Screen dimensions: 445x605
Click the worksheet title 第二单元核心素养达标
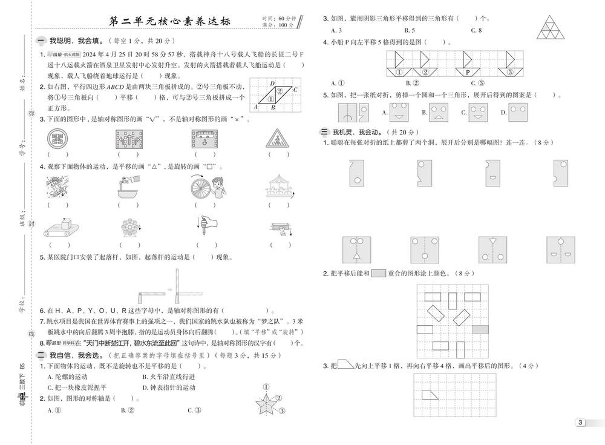coord(168,22)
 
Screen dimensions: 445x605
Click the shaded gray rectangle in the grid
coord(480,329)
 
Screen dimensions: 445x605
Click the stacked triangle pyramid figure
coord(551,24)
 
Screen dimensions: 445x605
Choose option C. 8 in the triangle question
coord(476,30)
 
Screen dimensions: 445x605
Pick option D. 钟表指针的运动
coord(169,387)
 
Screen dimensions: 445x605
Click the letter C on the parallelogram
coord(295,90)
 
